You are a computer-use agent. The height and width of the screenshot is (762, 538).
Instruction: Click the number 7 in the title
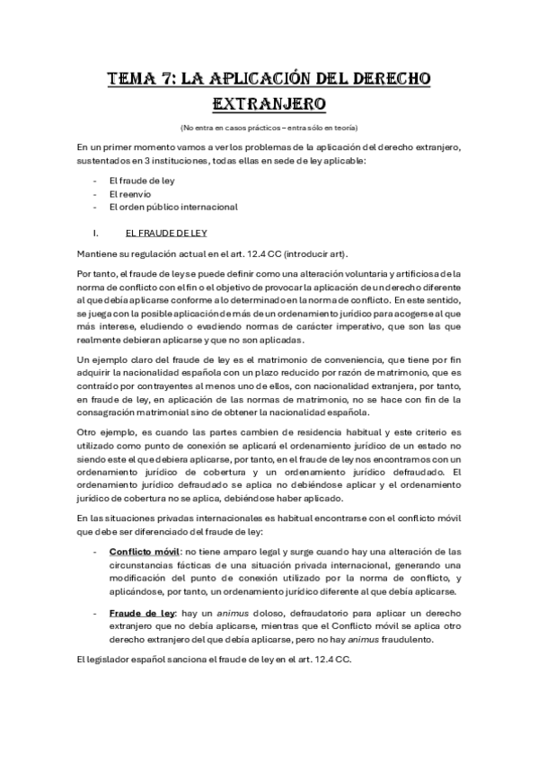pyautogui.click(x=158, y=79)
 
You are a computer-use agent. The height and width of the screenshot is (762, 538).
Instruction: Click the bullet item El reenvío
pyautogui.click(x=129, y=193)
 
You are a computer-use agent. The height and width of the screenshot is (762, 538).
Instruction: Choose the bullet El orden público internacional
pyautogui.click(x=160, y=207)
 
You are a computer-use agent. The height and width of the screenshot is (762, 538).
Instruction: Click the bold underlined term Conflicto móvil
pyautogui.click(x=143, y=551)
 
